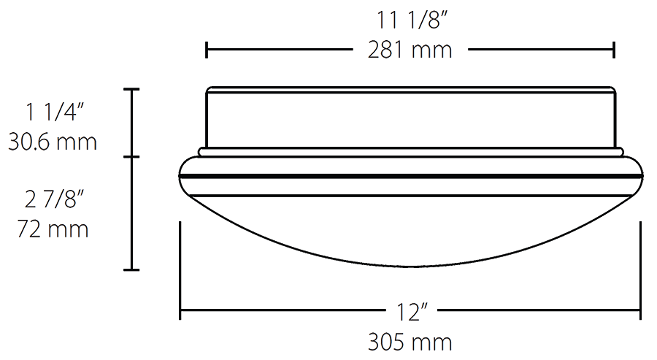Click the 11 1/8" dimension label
tap(410, 20)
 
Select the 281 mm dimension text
tap(410, 50)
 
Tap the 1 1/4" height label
tap(56, 112)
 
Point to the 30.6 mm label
tap(53, 141)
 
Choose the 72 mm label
tap(53, 229)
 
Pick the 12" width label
tap(410, 313)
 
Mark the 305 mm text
tap(410, 342)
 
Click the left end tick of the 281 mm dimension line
tap(207, 50)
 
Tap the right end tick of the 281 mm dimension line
tap(614, 50)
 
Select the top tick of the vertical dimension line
tap(131, 89)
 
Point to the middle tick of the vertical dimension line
tap(131, 157)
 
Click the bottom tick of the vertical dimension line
tap(131, 270)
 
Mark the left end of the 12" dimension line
tap(180, 312)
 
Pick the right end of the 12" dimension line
tap(641, 312)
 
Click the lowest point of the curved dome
tap(410, 266)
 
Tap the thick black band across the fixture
tap(410, 176)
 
